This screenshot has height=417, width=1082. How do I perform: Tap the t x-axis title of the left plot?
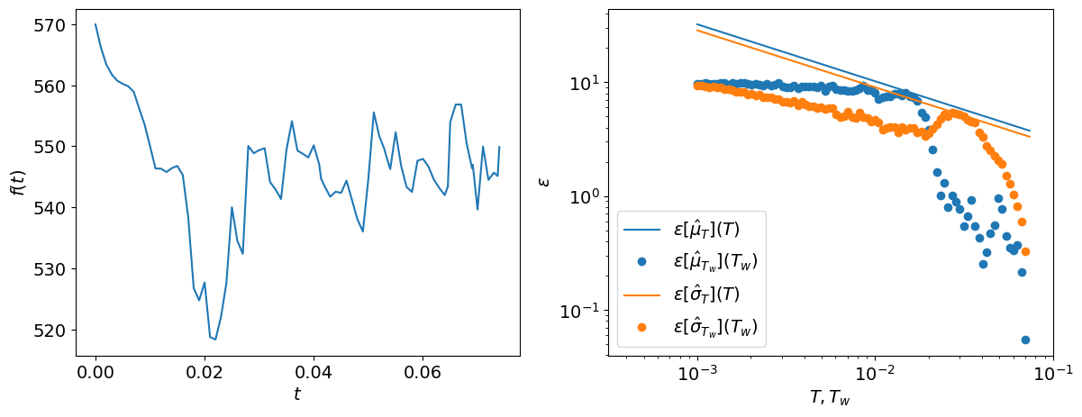(297, 394)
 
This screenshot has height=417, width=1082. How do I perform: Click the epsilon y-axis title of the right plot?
(543, 181)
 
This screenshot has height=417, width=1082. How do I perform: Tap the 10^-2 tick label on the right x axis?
(875, 374)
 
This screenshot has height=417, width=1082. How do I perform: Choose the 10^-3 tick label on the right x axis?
(696, 374)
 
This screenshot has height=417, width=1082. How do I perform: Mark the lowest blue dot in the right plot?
(1025, 340)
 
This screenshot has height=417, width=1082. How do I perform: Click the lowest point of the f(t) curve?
(215, 340)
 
